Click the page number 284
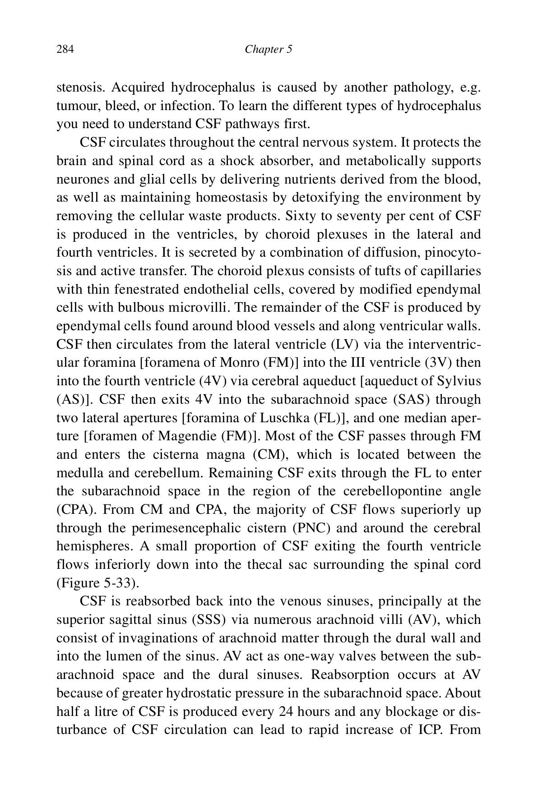point(65,49)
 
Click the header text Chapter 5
point(269,49)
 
